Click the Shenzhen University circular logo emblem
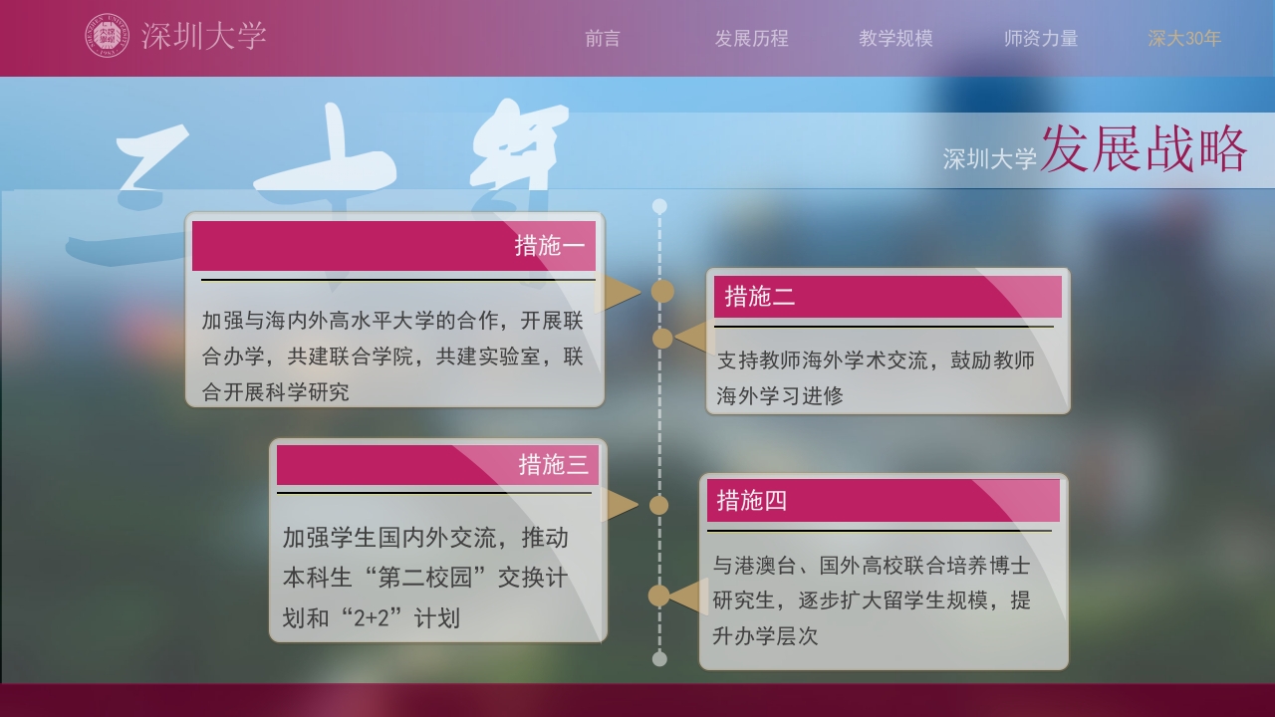[x=107, y=36]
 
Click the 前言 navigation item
[x=603, y=39]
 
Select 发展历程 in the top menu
[x=751, y=39]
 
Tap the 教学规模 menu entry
[x=895, y=39]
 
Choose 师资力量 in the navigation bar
[x=1041, y=39]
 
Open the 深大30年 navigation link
[x=1184, y=39]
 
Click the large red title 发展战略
[x=1144, y=151]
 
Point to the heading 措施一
[x=550, y=246]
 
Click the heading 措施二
[x=760, y=297]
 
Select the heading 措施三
[x=553, y=465]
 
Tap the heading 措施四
[x=752, y=501]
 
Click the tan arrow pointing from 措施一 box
[x=623, y=292]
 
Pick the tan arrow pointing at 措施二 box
[x=694, y=338]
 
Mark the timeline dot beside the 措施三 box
[x=658, y=505]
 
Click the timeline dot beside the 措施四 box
[x=658, y=596]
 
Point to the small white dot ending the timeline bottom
[x=658, y=658]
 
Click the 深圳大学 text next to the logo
[x=204, y=37]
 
